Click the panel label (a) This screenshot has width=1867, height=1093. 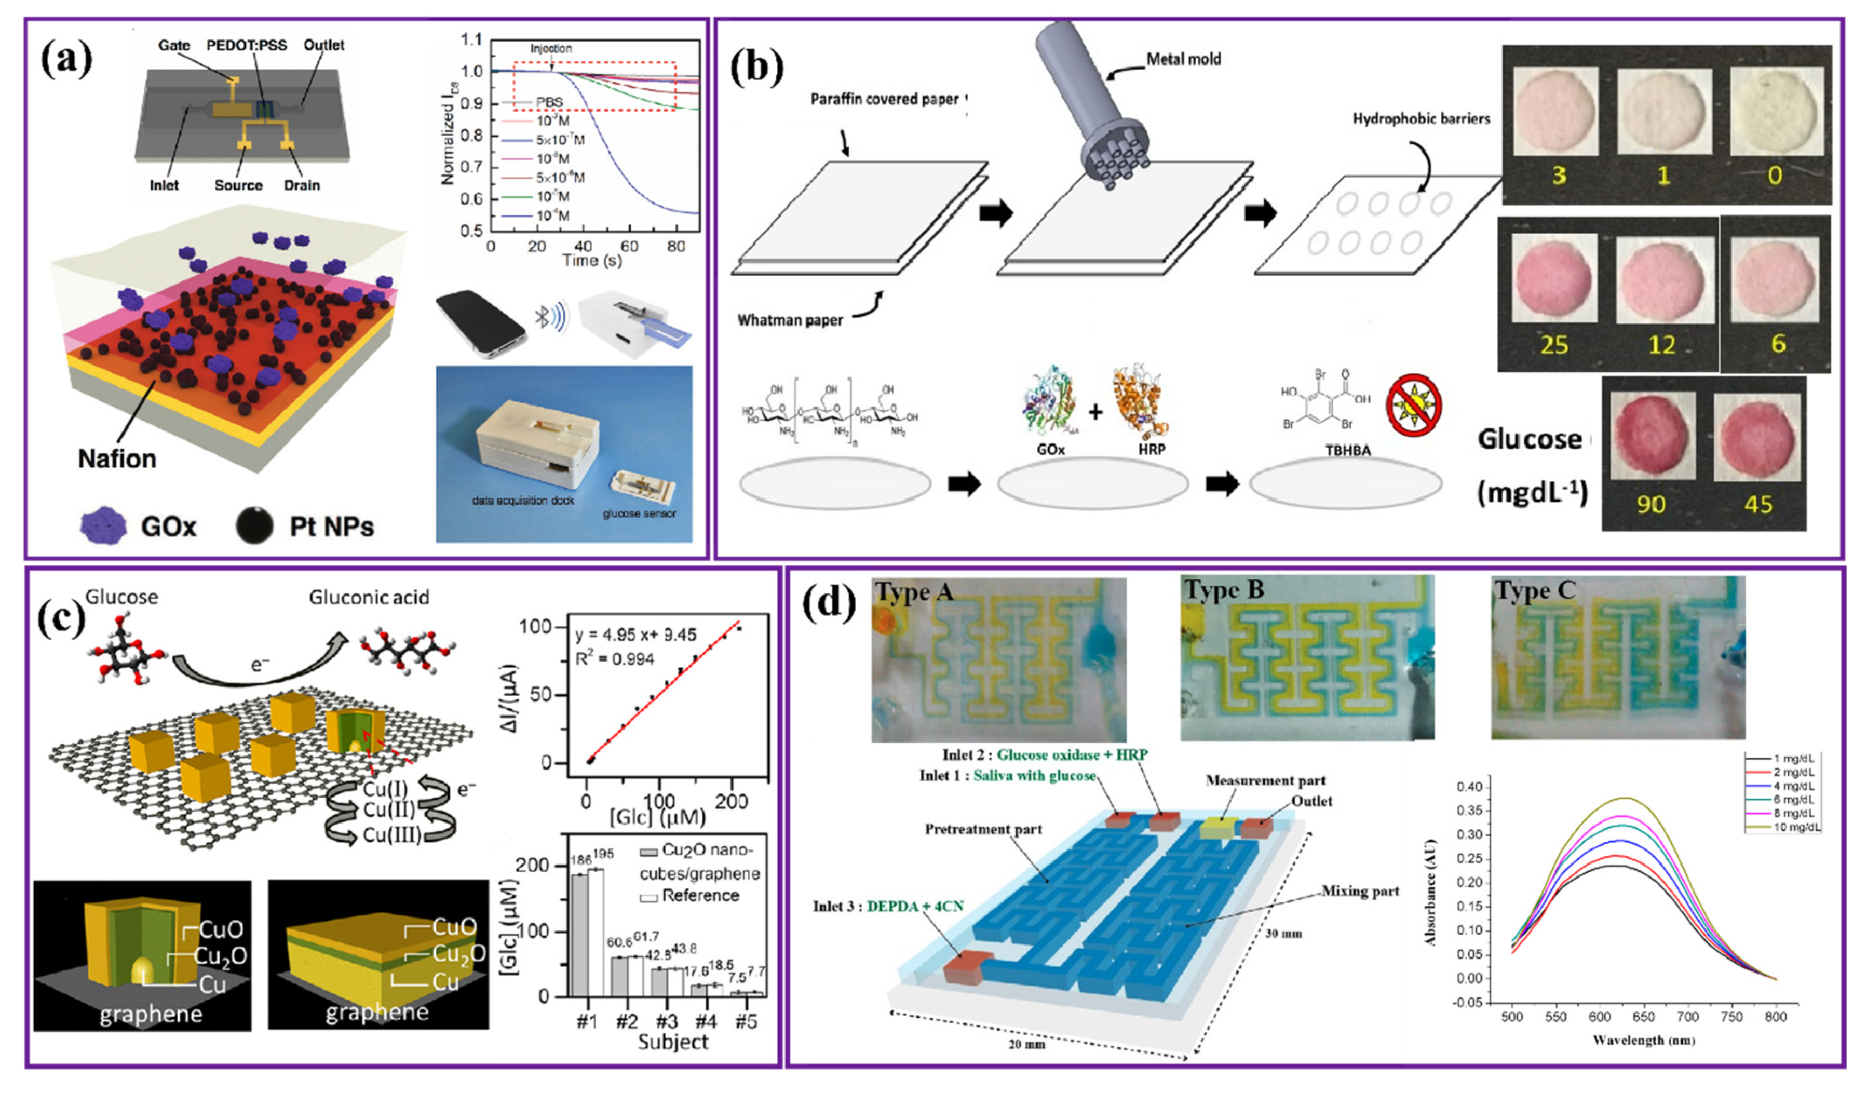pyautogui.click(x=66, y=59)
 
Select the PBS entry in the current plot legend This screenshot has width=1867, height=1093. pyautogui.click(x=549, y=102)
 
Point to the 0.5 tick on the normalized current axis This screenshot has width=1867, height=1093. pyautogui.click(x=471, y=231)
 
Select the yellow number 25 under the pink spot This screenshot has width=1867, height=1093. pyautogui.click(x=1553, y=345)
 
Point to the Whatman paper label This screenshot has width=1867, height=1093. pyautogui.click(x=790, y=320)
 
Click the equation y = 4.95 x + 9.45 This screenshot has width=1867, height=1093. pyautogui.click(x=635, y=635)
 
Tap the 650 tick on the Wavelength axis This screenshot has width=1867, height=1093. pyautogui.click(x=1643, y=1017)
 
